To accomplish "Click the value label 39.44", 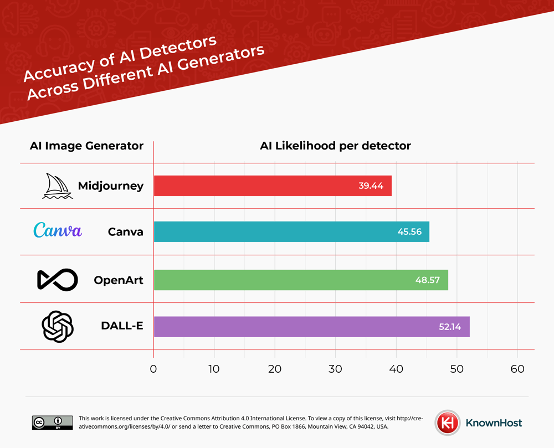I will tap(371, 186).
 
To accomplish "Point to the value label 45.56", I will tap(409, 231).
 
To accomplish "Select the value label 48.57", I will tap(427, 280).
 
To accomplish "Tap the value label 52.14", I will tap(449, 327).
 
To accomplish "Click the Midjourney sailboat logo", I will tap(57, 186).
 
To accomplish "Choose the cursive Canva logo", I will tap(58, 230).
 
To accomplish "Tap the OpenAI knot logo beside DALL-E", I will tap(58, 326).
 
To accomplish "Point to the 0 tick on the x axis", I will tap(153, 368).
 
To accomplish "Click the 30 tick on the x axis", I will tap(335, 368).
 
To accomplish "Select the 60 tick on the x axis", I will tap(517, 368).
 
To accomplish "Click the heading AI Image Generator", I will tap(86, 146).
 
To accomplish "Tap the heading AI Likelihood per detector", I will tap(335, 146).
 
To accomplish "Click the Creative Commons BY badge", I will tap(52, 423).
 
